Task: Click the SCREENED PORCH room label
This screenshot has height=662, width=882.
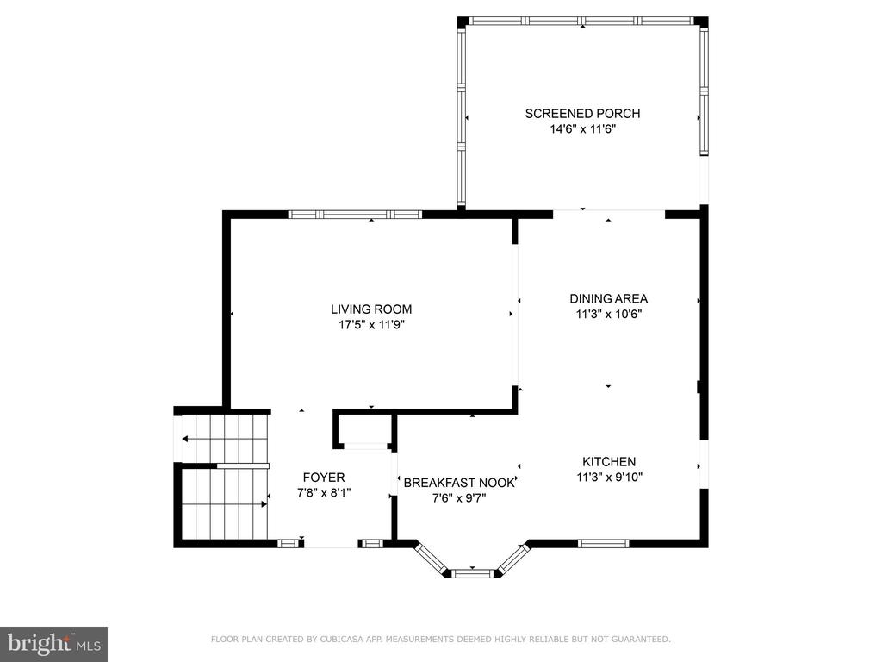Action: click(x=582, y=114)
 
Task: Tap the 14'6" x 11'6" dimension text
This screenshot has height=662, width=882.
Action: click(x=583, y=129)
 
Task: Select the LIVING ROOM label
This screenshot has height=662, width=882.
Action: click(x=371, y=309)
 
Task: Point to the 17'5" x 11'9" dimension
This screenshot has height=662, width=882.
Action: click(x=371, y=325)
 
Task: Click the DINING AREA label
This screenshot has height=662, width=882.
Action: click(x=609, y=299)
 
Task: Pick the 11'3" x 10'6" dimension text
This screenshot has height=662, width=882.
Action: click(x=609, y=314)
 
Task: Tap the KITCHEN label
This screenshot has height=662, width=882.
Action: click(x=609, y=462)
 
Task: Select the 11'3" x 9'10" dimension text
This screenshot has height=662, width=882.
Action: click(x=609, y=478)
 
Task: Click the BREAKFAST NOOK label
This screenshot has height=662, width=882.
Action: click(x=459, y=483)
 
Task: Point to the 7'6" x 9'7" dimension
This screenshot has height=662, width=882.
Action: click(x=459, y=498)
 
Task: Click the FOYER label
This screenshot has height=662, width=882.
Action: click(x=324, y=478)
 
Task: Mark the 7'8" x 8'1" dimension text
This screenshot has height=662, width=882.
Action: click(x=324, y=493)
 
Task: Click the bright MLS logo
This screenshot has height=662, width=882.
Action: click(x=54, y=643)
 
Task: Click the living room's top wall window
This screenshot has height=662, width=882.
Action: click(x=355, y=215)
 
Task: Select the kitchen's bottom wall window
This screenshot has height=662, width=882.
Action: click(x=604, y=544)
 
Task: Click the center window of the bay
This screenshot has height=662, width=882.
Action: click(x=473, y=573)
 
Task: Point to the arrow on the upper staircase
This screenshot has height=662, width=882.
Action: click(x=224, y=439)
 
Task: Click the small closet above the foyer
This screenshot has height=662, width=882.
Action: click(x=365, y=431)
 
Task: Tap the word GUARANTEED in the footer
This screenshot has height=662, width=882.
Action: click(x=641, y=640)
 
